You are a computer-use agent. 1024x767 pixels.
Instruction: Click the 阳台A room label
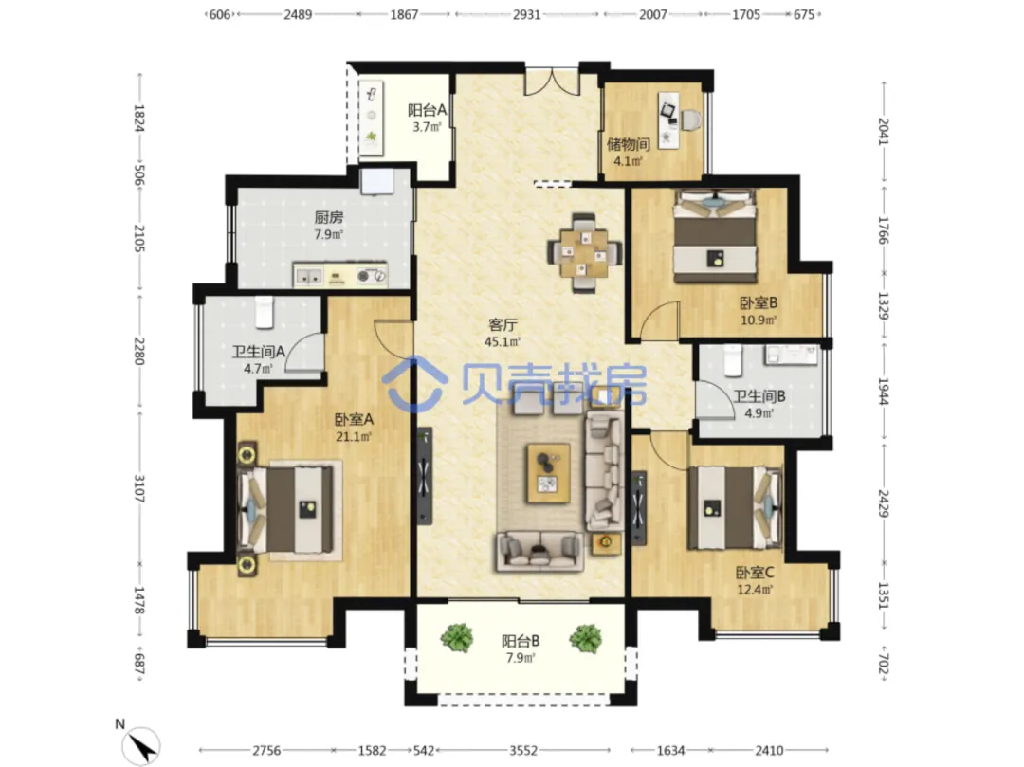pyautogui.click(x=427, y=110)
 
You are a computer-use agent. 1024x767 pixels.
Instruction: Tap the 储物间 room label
pyautogui.click(x=628, y=143)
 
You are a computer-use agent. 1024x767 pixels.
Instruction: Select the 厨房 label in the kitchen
pyautogui.click(x=328, y=217)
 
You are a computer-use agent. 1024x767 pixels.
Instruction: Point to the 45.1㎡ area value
pyautogui.click(x=503, y=341)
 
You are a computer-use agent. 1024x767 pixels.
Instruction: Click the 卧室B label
pyautogui.click(x=759, y=302)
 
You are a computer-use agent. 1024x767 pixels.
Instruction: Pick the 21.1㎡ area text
pyautogui.click(x=354, y=437)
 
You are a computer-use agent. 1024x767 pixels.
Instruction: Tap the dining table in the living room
pyautogui.click(x=584, y=251)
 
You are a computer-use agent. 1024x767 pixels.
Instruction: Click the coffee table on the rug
pyautogui.click(x=549, y=473)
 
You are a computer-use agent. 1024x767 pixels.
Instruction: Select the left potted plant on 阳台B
pyautogui.click(x=457, y=638)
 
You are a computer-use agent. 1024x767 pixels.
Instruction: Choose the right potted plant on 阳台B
pyautogui.click(x=585, y=638)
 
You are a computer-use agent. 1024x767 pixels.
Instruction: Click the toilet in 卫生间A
pyautogui.click(x=264, y=312)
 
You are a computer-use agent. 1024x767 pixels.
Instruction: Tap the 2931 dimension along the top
pyautogui.click(x=526, y=14)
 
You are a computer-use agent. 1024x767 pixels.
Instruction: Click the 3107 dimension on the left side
pyautogui.click(x=139, y=488)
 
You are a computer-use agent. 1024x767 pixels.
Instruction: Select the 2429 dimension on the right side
pyautogui.click(x=883, y=503)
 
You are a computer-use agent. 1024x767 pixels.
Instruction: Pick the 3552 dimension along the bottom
pyautogui.click(x=523, y=751)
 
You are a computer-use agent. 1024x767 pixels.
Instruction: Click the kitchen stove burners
pyautogui.click(x=372, y=276)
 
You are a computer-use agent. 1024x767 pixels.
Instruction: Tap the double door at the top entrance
pyautogui.click(x=552, y=81)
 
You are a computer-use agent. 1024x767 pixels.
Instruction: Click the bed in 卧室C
pyautogui.click(x=735, y=507)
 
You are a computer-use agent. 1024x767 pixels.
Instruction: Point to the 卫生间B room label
pyautogui.click(x=759, y=396)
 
